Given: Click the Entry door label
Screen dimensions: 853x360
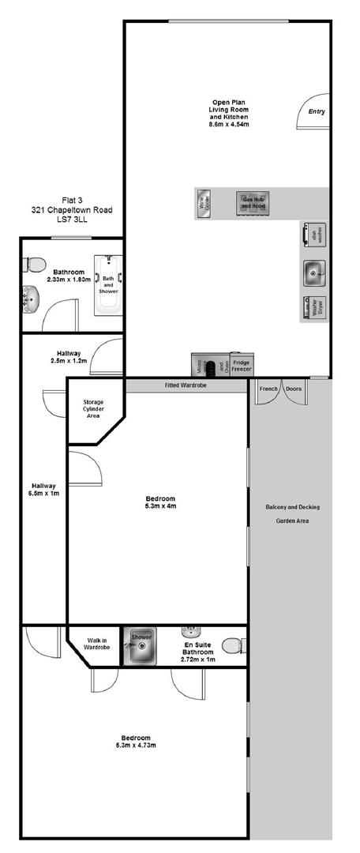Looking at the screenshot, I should (x=317, y=111).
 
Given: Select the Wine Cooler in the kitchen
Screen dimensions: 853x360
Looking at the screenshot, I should (x=203, y=204).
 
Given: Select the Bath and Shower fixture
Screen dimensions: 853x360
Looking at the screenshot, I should (x=107, y=284).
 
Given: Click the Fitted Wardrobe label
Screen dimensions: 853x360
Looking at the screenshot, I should (x=187, y=386).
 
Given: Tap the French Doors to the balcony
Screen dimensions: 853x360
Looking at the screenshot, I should (x=282, y=389).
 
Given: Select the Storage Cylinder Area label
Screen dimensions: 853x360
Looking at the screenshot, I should (x=93, y=408).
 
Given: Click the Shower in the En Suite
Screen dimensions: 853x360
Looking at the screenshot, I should (x=141, y=645).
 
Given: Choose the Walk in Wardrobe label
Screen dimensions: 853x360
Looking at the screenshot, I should (x=96, y=643).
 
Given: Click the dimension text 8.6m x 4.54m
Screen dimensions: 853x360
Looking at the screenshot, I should (x=229, y=124).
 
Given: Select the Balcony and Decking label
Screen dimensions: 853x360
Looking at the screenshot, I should (x=292, y=507).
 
